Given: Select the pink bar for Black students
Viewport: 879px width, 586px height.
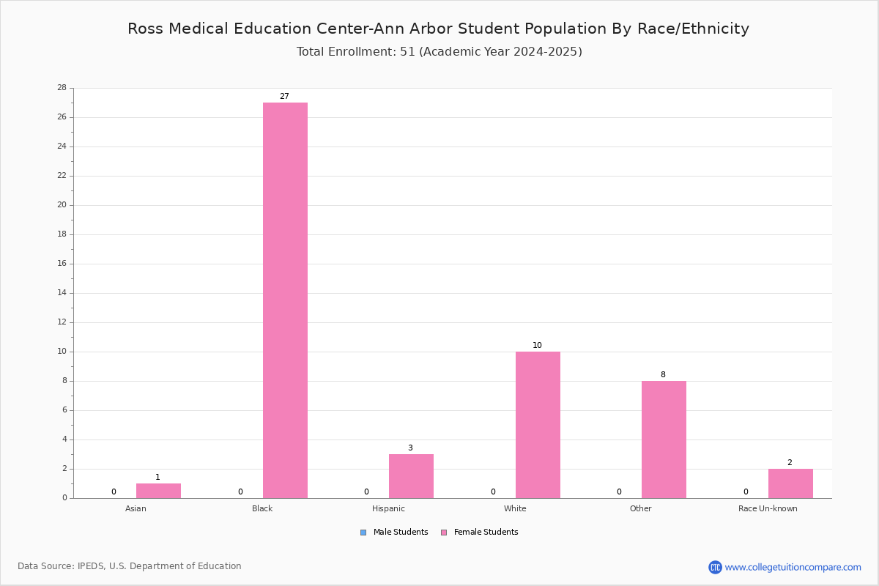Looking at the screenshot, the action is point(285,300).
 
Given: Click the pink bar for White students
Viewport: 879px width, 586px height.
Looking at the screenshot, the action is point(538,425).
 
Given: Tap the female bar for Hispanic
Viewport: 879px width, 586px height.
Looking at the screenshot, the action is point(411,476).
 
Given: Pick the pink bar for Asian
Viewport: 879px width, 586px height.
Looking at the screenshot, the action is point(158,491).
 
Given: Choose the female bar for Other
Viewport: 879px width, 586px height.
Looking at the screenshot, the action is point(664,439).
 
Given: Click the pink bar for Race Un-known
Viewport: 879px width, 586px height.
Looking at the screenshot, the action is point(790,483).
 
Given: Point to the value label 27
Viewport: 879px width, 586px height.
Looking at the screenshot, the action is point(284,96).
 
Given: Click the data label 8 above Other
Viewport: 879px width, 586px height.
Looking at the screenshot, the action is point(663,374).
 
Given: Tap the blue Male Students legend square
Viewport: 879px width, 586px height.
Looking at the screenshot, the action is point(363,533).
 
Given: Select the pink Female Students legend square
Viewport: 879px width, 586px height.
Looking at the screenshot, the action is point(444,533).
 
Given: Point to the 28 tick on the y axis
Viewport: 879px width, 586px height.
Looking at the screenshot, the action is point(62,87).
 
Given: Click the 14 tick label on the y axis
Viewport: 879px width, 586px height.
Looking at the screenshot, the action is point(62,293).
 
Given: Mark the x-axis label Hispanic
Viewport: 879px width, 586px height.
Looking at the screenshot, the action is point(388,508).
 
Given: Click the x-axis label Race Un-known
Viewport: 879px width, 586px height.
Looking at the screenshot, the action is point(768,508).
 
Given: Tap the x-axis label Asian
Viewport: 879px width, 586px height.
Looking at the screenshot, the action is point(136,508).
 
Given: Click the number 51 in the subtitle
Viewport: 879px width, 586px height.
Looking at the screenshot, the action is point(407,51).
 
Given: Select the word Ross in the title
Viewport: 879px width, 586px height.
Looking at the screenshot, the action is point(145,29).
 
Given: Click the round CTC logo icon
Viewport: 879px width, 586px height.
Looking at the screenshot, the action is point(715,567).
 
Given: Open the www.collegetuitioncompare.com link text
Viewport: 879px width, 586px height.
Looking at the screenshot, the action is point(793,567).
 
